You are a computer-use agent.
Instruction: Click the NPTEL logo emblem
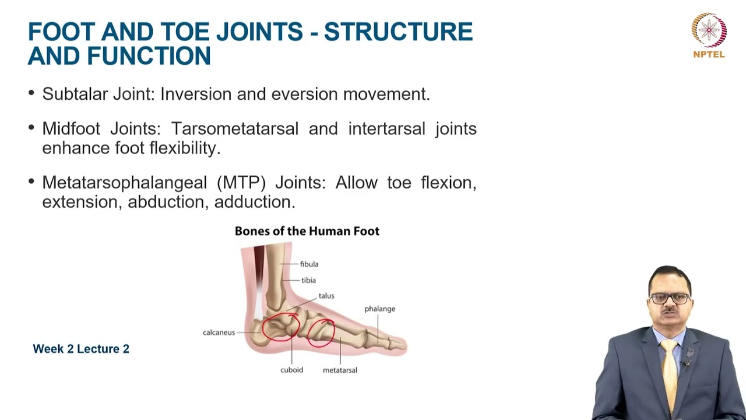(x=709, y=30)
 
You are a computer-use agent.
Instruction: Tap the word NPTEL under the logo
(x=709, y=55)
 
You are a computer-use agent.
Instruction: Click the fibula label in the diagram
(x=309, y=264)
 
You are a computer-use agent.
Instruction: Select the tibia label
(x=308, y=281)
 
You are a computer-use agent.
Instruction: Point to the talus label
(x=326, y=296)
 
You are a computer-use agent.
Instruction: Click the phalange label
(x=379, y=309)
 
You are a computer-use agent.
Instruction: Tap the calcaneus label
(x=219, y=332)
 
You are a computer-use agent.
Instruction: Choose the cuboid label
(x=291, y=370)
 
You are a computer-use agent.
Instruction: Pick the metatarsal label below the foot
(x=340, y=370)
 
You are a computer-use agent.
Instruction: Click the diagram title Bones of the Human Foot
(x=307, y=231)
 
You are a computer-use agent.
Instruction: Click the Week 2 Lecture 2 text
(x=81, y=349)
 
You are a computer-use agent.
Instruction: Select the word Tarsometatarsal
(x=235, y=128)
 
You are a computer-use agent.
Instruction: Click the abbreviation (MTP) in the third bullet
(x=241, y=183)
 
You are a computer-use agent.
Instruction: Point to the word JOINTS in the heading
(x=259, y=32)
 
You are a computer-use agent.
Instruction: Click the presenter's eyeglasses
(x=670, y=298)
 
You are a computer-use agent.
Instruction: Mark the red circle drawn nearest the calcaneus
(x=280, y=327)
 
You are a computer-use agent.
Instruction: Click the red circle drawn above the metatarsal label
(x=321, y=332)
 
